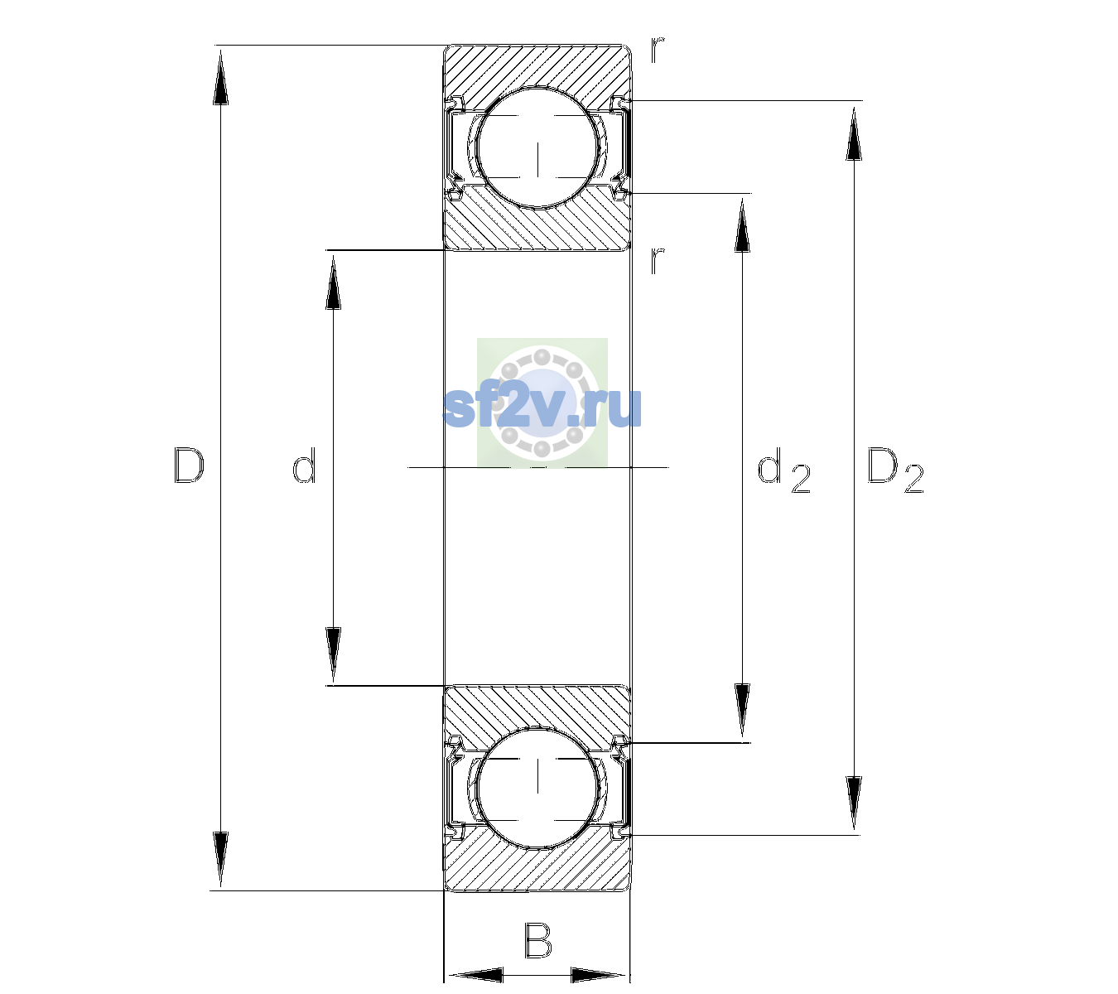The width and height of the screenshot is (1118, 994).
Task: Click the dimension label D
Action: click(x=190, y=466)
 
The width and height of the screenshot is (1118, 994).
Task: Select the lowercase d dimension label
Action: click(x=304, y=466)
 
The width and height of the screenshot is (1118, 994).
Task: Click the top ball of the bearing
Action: click(x=538, y=148)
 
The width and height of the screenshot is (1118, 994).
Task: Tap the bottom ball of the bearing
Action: click(x=538, y=788)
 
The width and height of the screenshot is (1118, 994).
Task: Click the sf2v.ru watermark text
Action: click(x=542, y=407)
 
